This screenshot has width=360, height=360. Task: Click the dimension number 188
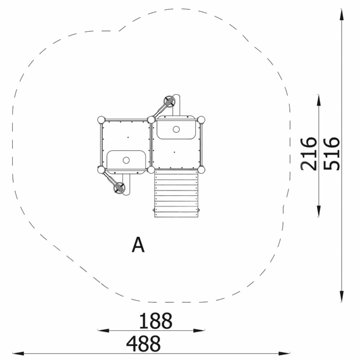pyautogui.click(x=156, y=320)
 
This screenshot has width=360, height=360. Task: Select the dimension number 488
pyautogui.click(x=143, y=344)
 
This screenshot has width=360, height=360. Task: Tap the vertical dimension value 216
pyautogui.click(x=309, y=154)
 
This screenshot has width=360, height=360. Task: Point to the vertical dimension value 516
pyautogui.click(x=331, y=154)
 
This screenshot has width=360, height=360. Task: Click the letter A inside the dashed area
pyautogui.click(x=138, y=245)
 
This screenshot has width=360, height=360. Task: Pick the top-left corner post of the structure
pyautogui.click(x=101, y=120)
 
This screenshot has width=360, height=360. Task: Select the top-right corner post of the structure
pyautogui.click(x=201, y=120)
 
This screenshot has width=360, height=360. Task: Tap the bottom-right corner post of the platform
pyautogui.click(x=201, y=170)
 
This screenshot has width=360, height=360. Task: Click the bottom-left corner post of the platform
pyautogui.click(x=101, y=170)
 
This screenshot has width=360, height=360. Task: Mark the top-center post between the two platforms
pyautogui.click(x=151, y=120)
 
